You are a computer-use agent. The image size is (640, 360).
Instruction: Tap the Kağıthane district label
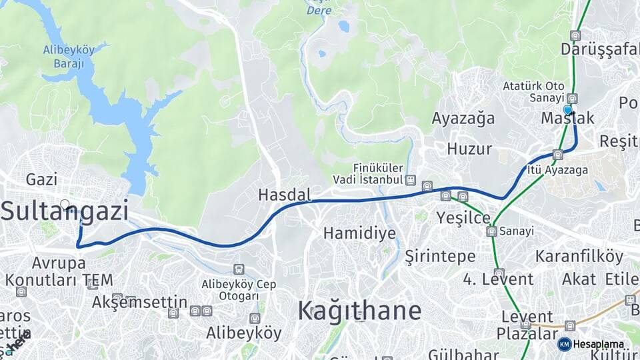click(x=359, y=311)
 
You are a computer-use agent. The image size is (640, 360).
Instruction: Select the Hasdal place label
click(x=285, y=195)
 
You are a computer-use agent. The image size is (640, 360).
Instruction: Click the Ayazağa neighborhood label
click(x=463, y=119)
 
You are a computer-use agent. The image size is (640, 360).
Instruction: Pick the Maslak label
click(x=567, y=119)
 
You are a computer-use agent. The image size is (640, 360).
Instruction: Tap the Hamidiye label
click(x=359, y=233)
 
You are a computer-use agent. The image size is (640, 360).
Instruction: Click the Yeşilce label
click(x=463, y=218)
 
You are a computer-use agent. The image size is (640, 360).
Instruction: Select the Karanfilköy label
click(x=579, y=257)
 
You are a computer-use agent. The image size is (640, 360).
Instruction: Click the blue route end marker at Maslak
click(x=567, y=110)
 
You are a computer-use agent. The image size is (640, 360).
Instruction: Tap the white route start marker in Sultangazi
click(x=65, y=205)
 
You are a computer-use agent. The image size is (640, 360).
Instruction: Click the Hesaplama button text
click(x=599, y=344)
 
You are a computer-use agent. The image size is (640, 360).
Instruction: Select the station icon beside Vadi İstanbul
click(x=411, y=180)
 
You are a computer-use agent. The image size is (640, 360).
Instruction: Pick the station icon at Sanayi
click(x=492, y=231)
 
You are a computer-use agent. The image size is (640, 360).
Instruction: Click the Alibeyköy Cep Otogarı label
click(x=239, y=289)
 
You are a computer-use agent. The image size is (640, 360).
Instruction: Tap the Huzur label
click(x=469, y=148)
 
